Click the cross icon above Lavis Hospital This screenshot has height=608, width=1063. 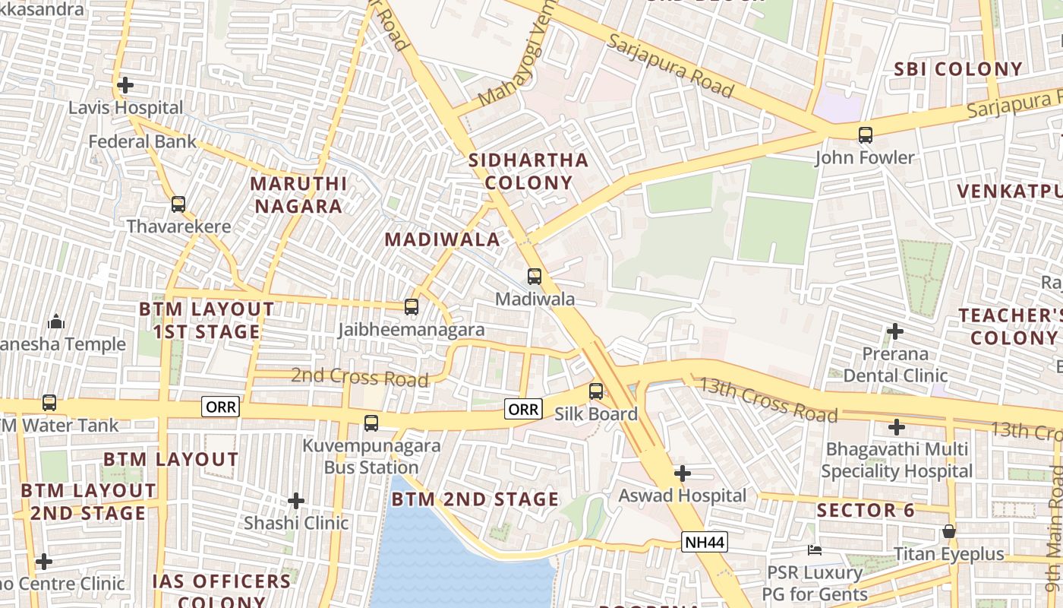pos(125,85)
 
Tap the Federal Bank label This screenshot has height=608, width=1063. pos(142,141)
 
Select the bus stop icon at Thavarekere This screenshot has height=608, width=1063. pos(178,204)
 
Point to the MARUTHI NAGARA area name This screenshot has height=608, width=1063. pos(298,195)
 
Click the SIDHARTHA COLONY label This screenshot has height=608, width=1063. pos(528,171)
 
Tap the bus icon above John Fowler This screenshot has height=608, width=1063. pos(865,135)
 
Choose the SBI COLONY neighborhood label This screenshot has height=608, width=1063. pos(958,69)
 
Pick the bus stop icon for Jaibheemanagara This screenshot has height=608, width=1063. pos(412,307)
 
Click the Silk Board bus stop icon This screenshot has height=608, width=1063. pos(596,391)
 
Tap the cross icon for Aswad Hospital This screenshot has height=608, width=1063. pos(683,473)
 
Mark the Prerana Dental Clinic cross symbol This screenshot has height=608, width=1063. pos(895,331)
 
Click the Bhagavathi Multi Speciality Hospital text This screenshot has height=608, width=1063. pos(896,460)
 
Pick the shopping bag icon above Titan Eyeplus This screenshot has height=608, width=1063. pos(949,531)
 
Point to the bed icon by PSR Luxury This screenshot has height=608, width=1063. pos(815,549)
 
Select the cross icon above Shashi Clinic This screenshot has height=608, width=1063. pos(296,501)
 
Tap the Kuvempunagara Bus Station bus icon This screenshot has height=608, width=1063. pos(371,423)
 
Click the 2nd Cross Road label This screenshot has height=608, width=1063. pos(360,377)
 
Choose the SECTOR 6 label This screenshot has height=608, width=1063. pos(866,510)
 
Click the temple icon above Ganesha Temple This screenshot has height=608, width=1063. pos(56,322)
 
